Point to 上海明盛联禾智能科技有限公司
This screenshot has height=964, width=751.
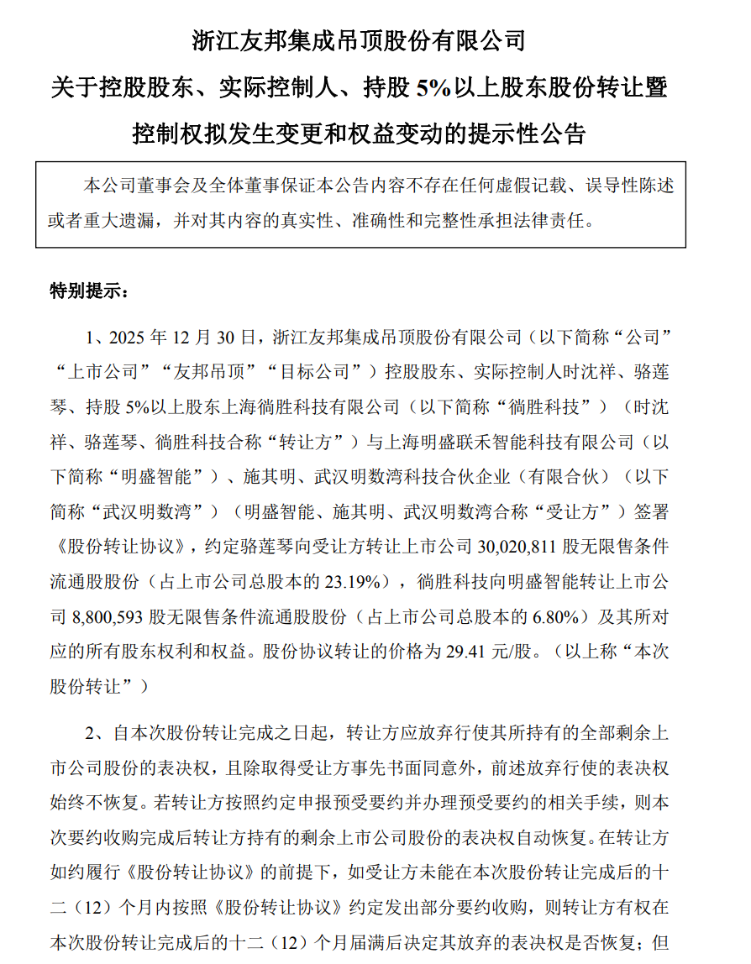click(x=517, y=442)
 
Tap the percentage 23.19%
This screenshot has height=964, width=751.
click(x=351, y=581)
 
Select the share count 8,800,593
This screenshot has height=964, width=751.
click(x=104, y=616)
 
